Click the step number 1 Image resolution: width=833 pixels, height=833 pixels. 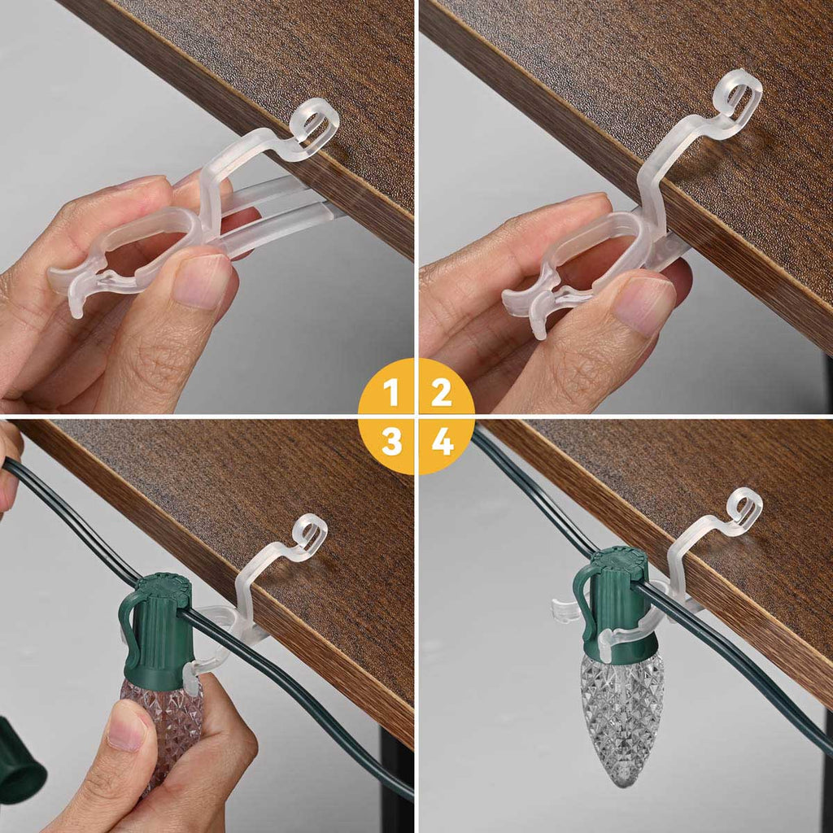[391, 392]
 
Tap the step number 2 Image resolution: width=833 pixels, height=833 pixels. [442, 392]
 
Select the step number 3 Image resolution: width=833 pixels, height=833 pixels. [391, 441]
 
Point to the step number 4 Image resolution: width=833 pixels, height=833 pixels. [443, 441]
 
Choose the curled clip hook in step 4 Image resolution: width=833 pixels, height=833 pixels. [744, 510]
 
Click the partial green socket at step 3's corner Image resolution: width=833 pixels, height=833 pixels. [20, 761]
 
